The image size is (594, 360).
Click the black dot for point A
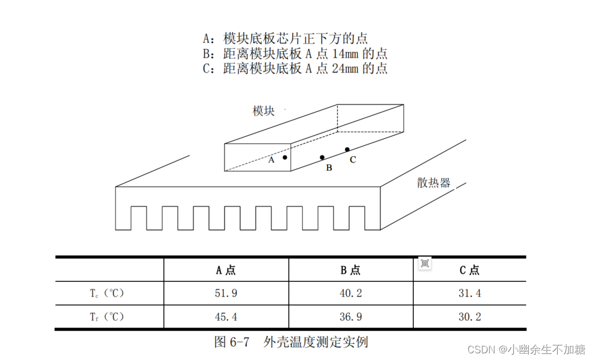pyautogui.click(x=284, y=157)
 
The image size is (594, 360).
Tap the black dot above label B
pyautogui.click(x=322, y=157)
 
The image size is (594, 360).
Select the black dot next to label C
pyautogui.click(x=347, y=150)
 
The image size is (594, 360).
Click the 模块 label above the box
pyautogui.click(x=264, y=111)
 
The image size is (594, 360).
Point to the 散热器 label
pyautogui.click(x=433, y=183)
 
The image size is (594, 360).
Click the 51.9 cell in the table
pyautogui.click(x=226, y=293)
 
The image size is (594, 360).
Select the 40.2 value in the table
pyautogui.click(x=351, y=293)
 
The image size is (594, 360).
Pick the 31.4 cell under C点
pyautogui.click(x=470, y=293)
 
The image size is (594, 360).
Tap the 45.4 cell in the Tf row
pyautogui.click(x=226, y=317)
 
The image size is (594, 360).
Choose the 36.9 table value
pyautogui.click(x=351, y=317)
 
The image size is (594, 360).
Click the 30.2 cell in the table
pyautogui.click(x=470, y=317)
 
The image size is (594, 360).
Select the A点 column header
pyautogui.click(x=226, y=271)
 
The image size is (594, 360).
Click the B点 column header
pyautogui.click(x=351, y=271)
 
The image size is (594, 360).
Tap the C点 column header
pyautogui.click(x=470, y=271)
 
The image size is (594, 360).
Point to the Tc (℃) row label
pyautogui.click(x=107, y=293)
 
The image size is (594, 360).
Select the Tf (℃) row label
pyautogui.click(x=107, y=317)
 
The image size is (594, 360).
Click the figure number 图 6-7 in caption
pyautogui.click(x=231, y=342)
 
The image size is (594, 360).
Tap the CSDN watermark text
pyautogui.click(x=482, y=350)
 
